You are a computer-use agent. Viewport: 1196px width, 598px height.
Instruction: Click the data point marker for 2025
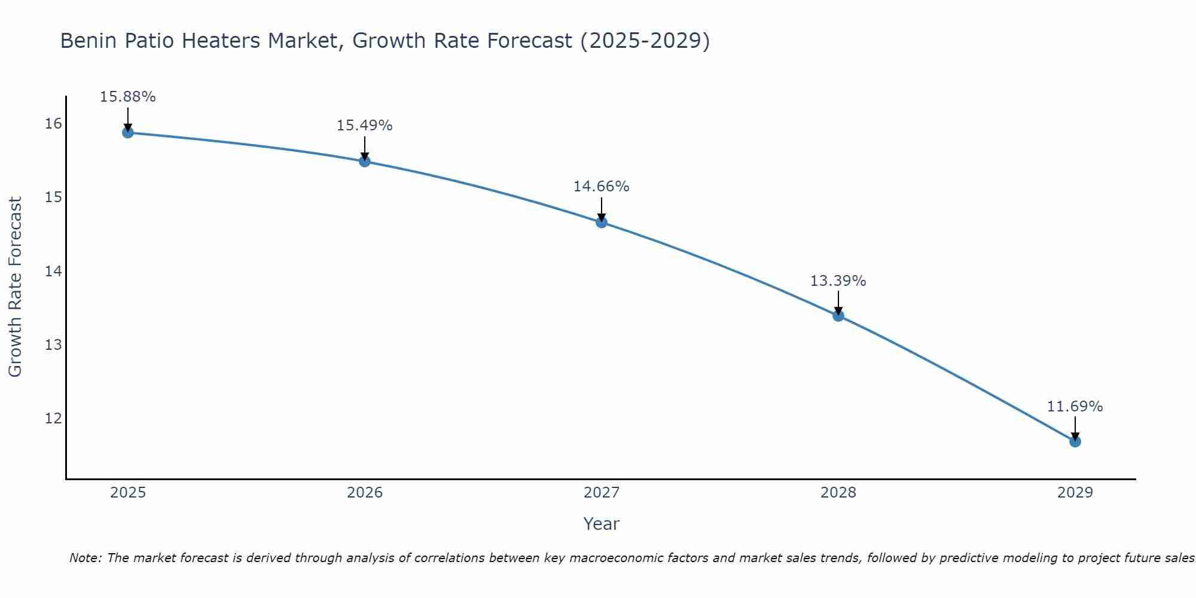pos(127,132)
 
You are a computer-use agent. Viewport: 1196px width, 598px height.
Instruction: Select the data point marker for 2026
pos(364,161)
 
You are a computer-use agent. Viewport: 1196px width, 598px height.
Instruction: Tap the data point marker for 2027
pos(601,222)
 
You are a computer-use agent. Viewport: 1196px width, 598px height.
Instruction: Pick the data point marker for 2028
pos(838,316)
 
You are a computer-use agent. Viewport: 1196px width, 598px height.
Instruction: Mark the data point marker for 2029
pos(1075,441)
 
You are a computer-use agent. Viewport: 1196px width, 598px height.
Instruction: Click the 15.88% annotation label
pos(127,97)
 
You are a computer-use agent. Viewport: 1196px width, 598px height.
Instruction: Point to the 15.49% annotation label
pos(364,126)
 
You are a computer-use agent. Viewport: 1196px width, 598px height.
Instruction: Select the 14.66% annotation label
pos(601,187)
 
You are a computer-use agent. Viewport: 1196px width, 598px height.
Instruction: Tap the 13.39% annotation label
pos(838,281)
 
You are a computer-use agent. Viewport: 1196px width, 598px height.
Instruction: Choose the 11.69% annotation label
pos(1075,407)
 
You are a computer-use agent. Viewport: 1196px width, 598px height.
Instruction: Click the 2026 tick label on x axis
pos(365,493)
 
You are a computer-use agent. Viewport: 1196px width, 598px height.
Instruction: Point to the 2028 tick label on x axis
pos(838,493)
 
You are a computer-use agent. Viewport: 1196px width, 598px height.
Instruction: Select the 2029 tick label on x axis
pos(1075,493)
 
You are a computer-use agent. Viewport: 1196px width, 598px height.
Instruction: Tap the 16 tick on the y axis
pos(53,124)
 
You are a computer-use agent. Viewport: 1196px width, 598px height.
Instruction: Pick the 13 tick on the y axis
pos(53,344)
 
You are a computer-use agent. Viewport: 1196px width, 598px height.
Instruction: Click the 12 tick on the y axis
pos(53,418)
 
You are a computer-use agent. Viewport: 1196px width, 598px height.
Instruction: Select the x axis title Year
pos(601,524)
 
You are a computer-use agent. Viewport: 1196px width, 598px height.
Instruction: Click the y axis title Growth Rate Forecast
pos(16,287)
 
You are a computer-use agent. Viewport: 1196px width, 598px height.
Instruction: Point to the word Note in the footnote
pos(86,558)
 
